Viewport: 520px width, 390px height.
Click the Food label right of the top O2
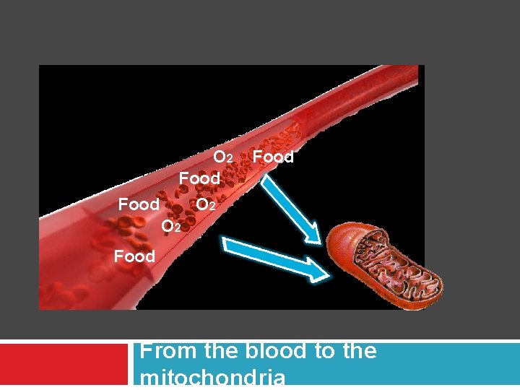pyautogui.click(x=273, y=156)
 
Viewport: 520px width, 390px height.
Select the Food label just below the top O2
pyautogui.click(x=199, y=177)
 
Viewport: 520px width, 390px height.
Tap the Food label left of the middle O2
pyautogui.click(x=139, y=204)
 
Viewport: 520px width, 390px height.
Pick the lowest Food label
pyautogui.click(x=134, y=256)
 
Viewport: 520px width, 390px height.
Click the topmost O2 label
pyautogui.click(x=222, y=157)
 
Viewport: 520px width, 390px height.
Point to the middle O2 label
pyautogui.click(x=206, y=205)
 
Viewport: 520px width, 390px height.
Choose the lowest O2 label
pyautogui.click(x=171, y=227)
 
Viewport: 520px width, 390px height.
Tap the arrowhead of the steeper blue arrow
pyautogui.click(x=312, y=233)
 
